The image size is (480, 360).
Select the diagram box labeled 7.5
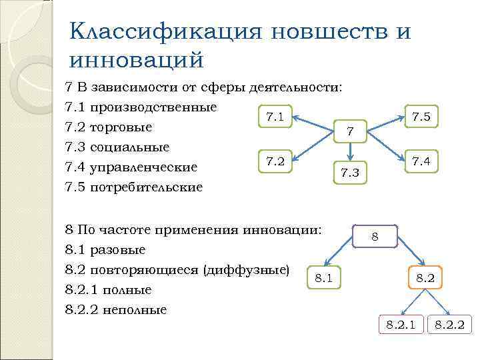coord(421,117)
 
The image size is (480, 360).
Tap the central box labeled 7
coord(349,131)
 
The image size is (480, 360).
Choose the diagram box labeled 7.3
coord(349,173)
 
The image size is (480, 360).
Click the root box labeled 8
coord(375,236)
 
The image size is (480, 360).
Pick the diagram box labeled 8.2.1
coord(401,325)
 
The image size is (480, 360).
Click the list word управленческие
coord(148,167)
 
